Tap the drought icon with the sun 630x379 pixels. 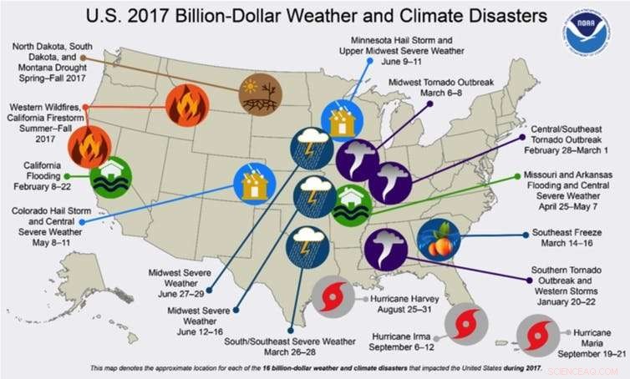(x=260, y=93)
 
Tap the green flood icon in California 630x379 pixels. (x=109, y=177)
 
